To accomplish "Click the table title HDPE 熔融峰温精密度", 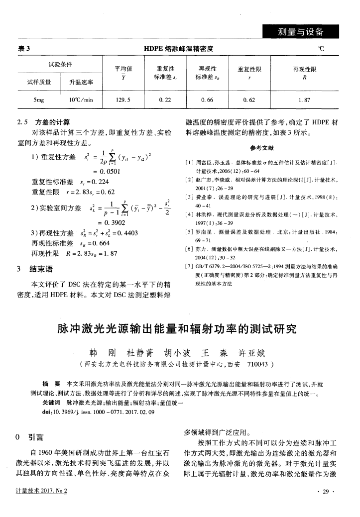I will pos(178,49).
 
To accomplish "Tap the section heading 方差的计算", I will pos(52,122).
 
